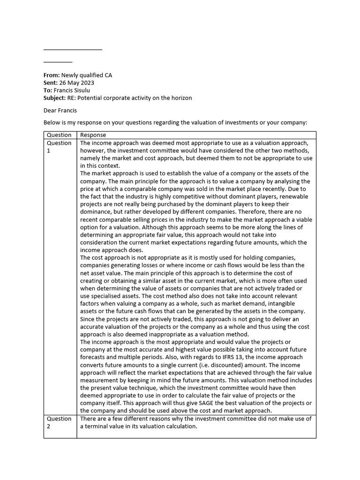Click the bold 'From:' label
[x=52, y=75]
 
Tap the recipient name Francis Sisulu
[x=72, y=90]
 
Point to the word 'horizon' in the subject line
[x=180, y=97]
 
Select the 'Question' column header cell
[x=59, y=135]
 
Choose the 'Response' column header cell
[x=93, y=135]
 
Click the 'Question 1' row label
[x=59, y=146]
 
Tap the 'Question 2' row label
[x=59, y=422]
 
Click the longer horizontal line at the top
[x=73, y=49]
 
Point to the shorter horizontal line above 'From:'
[x=58, y=61]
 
